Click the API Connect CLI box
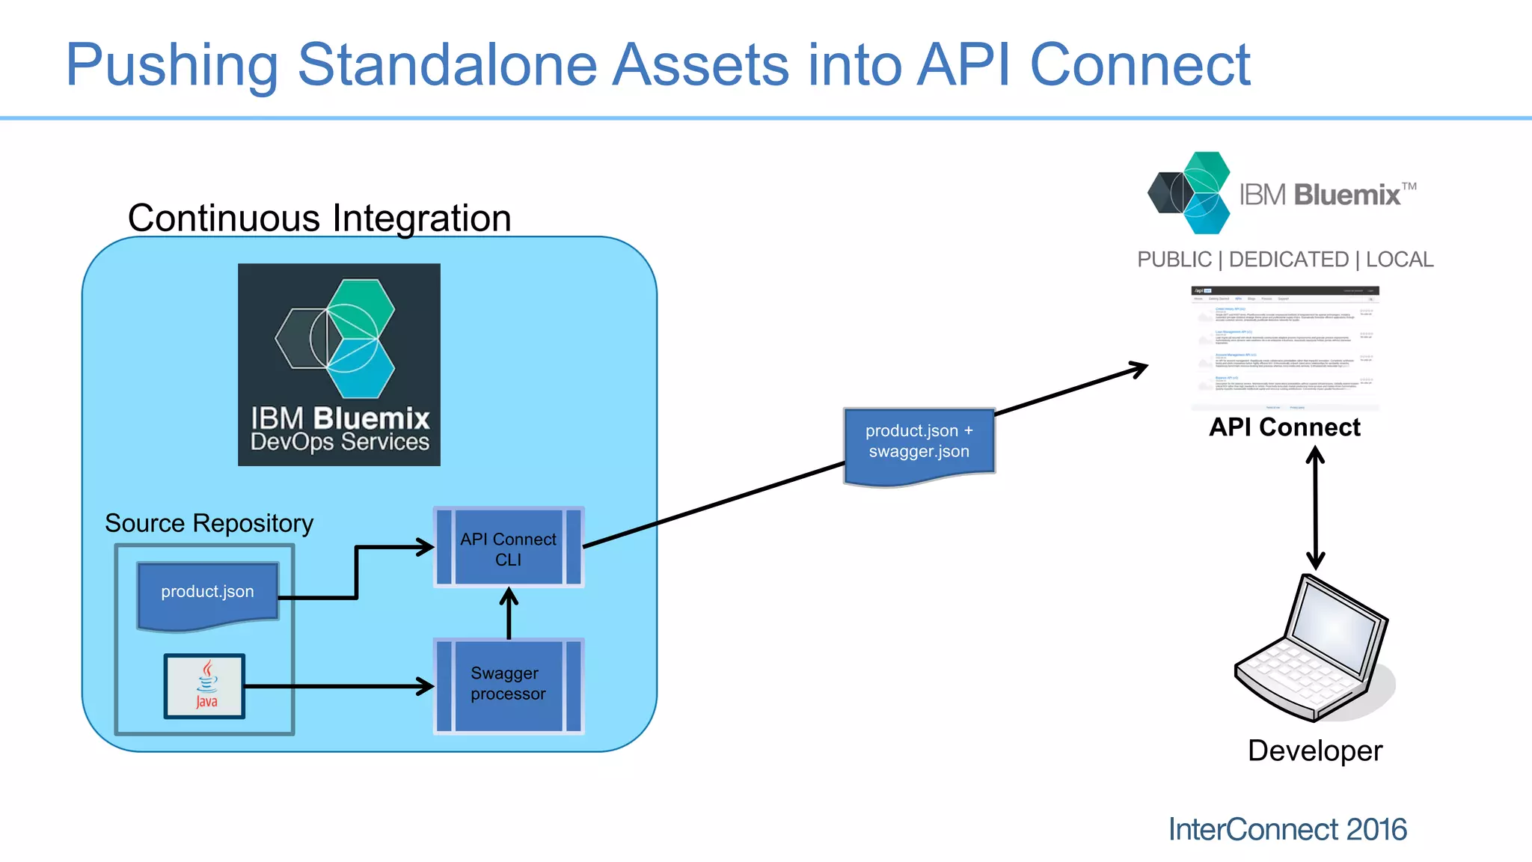click(x=509, y=548)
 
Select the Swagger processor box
click(x=509, y=685)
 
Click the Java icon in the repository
click(x=205, y=686)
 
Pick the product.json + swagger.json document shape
click(x=919, y=444)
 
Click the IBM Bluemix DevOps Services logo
click(x=339, y=364)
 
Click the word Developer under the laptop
click(x=1314, y=751)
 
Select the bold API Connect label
click(x=1284, y=427)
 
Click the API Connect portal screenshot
click(x=1284, y=347)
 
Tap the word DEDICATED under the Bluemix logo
click(x=1288, y=260)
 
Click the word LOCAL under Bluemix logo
click(x=1399, y=260)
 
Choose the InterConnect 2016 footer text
click(x=1287, y=829)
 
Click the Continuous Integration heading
click(x=319, y=218)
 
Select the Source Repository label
click(x=209, y=523)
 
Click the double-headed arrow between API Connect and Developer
click(x=1315, y=509)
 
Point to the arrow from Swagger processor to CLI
click(x=509, y=614)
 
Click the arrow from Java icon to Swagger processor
click(x=337, y=686)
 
